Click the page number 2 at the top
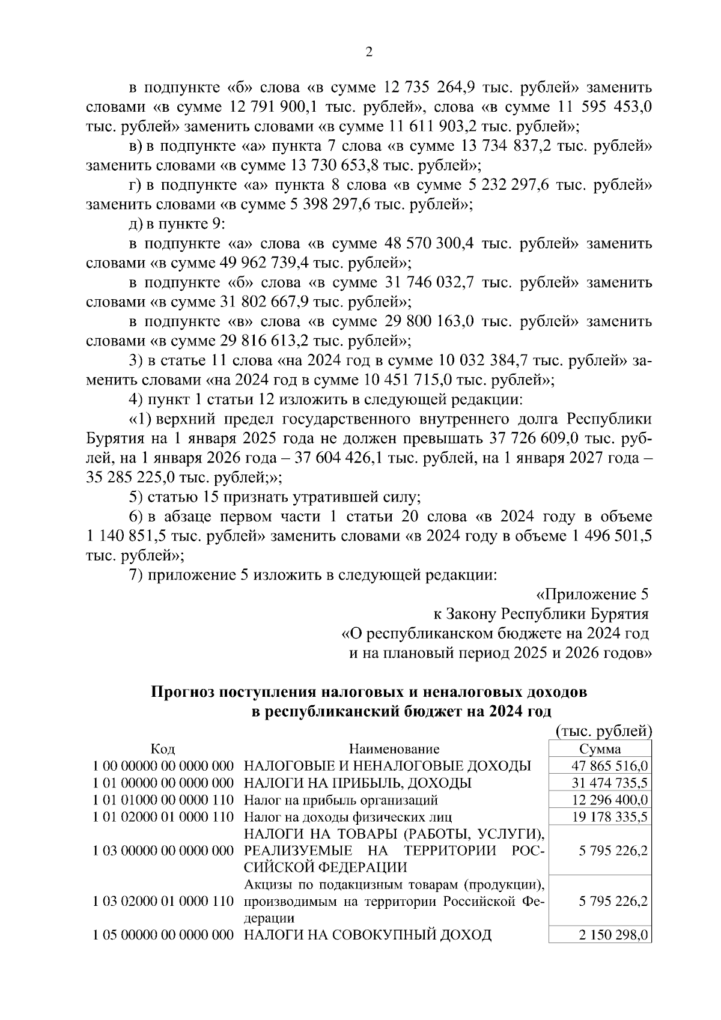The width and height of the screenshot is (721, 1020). pos(369,52)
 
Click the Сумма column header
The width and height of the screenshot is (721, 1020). pos(600,748)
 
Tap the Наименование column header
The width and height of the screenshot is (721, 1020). pos(394,748)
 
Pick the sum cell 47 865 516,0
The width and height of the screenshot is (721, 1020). pos(609,766)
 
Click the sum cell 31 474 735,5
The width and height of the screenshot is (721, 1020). pos(609,783)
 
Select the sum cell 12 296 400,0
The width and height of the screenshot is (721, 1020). pos(609,800)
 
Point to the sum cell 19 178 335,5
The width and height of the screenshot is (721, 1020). pos(609,817)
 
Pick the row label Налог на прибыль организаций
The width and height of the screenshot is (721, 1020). pos(341,800)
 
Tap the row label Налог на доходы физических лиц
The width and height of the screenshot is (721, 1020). pos(347,817)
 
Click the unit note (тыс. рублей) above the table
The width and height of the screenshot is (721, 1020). pos(603,731)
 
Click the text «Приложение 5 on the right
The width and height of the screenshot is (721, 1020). pos(592,595)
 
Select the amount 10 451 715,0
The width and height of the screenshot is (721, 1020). pos(409,380)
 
